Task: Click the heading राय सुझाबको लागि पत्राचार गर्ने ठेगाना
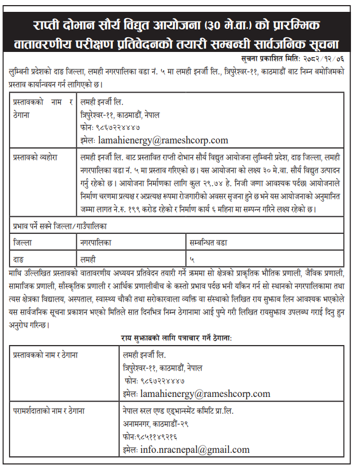coord(177,338)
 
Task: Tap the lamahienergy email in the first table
coord(163,139)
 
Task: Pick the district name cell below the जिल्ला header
coord(19,259)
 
